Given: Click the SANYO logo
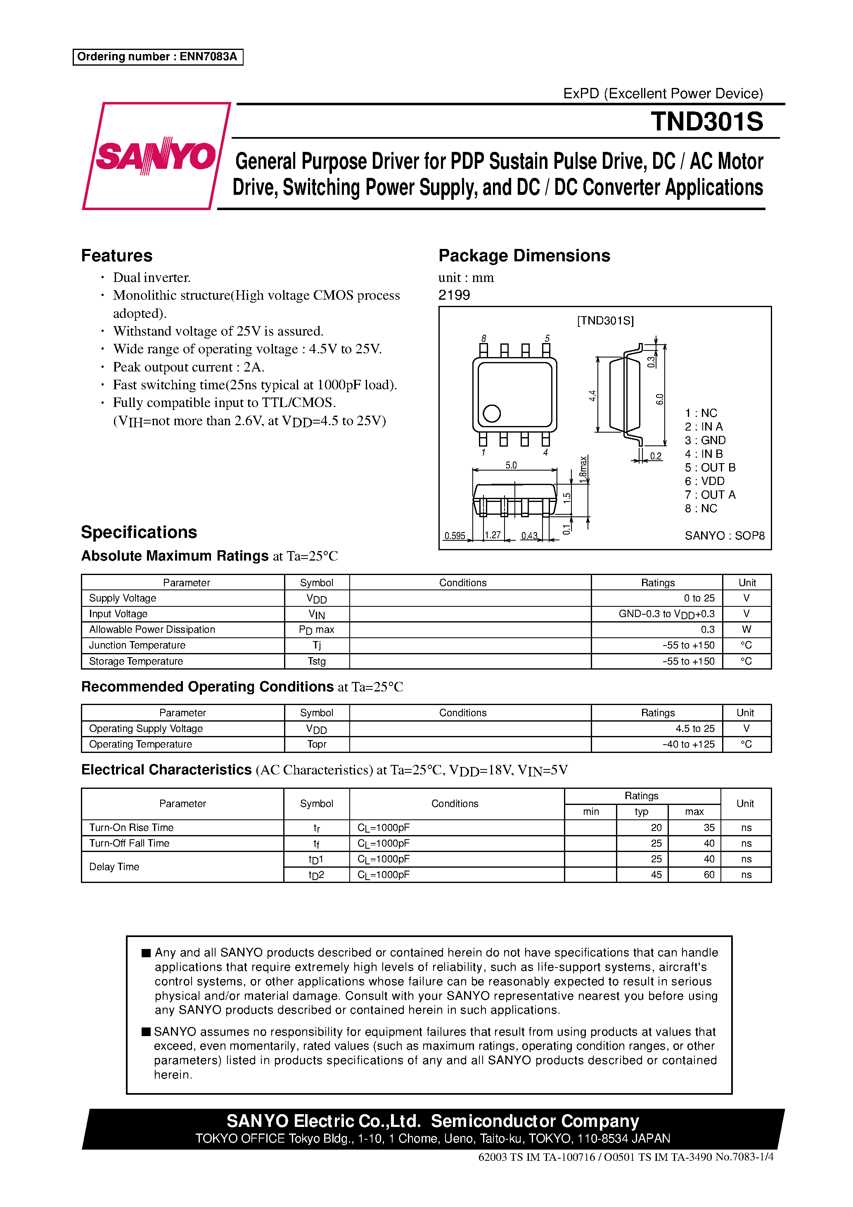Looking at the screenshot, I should pos(156,156).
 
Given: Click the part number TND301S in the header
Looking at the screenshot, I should pos(706,122).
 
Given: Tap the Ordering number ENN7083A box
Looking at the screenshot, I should pos(158,57).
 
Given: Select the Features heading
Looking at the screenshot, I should pos(117,256).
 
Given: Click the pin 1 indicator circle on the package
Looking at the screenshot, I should pos(491,413).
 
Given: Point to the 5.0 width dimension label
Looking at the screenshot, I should pos(511,465).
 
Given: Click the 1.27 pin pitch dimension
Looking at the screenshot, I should pos(493,535).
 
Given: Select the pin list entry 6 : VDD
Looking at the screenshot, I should pos(704,481).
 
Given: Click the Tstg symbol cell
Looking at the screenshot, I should pos(317,661).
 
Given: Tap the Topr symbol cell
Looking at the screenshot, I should pos(317,744).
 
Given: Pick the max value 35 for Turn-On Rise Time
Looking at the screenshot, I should pos(709,828).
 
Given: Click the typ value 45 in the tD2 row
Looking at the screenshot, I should pos(656,875).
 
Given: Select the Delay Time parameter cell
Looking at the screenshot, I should pos(114,867).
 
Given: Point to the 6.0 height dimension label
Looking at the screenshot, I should pos(659,400).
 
